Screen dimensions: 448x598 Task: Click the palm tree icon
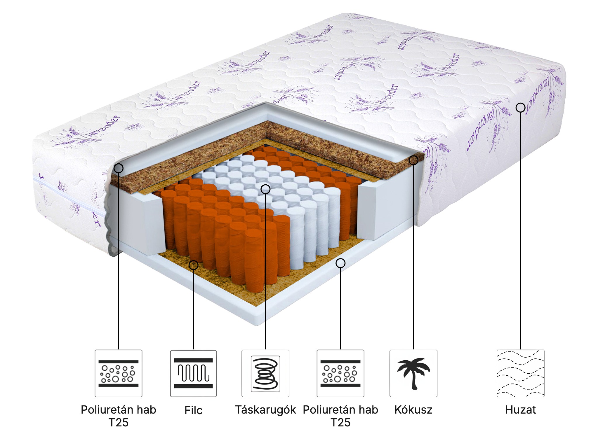tap(413, 373)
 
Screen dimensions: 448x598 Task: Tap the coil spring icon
tap(265, 373)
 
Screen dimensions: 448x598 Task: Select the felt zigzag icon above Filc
tap(193, 373)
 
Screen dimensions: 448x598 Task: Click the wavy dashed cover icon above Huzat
tap(520, 373)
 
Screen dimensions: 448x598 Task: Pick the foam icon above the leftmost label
tap(118, 373)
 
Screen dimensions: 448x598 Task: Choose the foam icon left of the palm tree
tap(340, 373)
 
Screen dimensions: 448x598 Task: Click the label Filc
tap(193, 410)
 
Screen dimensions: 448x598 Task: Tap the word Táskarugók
tap(265, 410)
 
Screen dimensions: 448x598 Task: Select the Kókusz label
tap(413, 410)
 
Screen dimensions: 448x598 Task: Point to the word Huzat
tap(520, 410)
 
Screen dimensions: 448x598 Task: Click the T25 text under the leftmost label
tap(118, 422)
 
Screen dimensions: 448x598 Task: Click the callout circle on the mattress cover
tap(520, 108)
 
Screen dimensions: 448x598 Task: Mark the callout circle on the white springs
tap(265, 189)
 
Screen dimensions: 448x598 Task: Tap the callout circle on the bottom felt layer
tap(193, 265)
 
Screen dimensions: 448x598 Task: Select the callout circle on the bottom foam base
tap(340, 263)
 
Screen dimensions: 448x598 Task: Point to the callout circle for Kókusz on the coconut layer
tap(413, 160)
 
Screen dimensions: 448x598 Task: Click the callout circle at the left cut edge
tap(119, 168)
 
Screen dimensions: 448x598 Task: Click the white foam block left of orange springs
tap(140, 222)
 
